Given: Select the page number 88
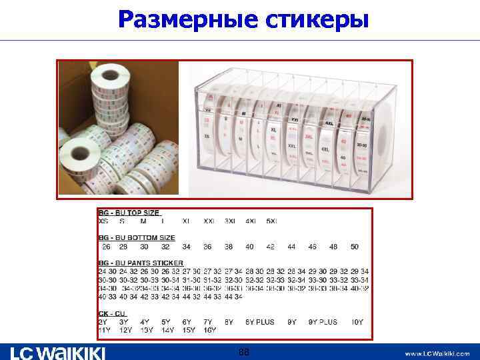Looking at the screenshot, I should coord(244,351).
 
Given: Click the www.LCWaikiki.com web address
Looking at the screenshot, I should coord(437,353).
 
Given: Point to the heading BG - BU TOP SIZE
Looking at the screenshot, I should coord(129,213).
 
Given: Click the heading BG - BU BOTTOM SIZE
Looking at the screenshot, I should coord(137,237).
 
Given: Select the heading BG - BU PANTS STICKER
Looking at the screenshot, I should coord(140,263).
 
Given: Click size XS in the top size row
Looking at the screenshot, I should coord(104,221).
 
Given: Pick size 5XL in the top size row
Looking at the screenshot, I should coord(271,221).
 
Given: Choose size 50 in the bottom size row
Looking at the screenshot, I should coord(354,247).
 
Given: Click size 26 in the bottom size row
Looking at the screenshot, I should coord(106,247).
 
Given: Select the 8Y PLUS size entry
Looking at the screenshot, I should coord(259,322).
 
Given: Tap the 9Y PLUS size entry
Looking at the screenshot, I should coord(323,322).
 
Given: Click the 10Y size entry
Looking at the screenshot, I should coord(357,322).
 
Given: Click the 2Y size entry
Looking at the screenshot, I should coord(103,322).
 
